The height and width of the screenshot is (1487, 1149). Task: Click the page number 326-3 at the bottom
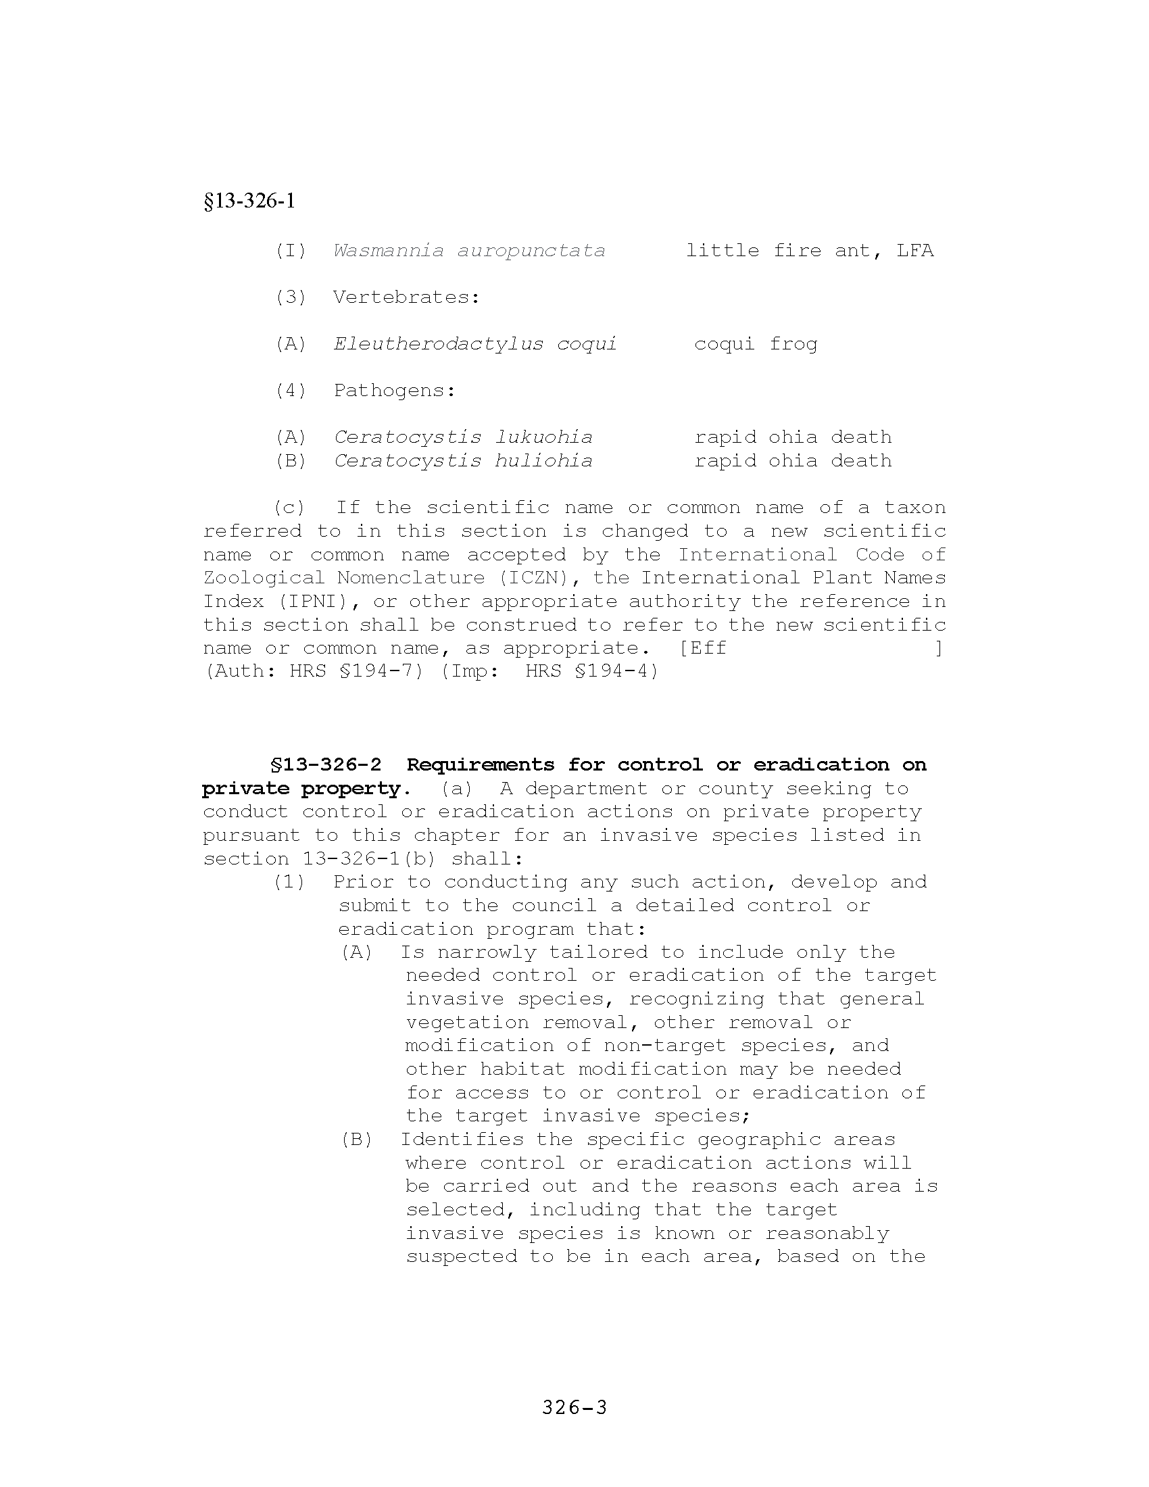pos(574,1407)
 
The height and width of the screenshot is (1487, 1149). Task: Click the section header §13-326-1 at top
pos(249,201)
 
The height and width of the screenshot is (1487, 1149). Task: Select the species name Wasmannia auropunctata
pos(469,251)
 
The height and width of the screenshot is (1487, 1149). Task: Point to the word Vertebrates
pos(406,297)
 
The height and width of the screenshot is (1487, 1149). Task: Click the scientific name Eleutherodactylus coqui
pos(475,344)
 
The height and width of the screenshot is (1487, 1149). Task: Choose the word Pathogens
pos(394,391)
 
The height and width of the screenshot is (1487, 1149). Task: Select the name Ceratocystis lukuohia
pos(463,437)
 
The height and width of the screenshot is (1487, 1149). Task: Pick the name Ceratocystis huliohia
pos(463,461)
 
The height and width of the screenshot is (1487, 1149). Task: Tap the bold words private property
pos(301,788)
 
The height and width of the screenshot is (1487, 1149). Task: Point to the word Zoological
pos(264,578)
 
